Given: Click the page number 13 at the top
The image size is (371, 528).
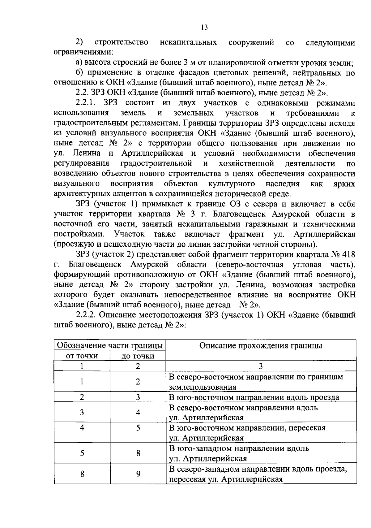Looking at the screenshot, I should click(204, 28).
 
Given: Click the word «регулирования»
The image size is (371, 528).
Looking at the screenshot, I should click(81, 163).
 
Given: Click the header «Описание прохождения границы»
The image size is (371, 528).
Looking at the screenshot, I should click(261, 345).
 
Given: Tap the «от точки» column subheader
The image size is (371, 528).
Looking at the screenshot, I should click(82, 356).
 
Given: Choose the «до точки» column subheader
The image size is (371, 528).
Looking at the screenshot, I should click(138, 356).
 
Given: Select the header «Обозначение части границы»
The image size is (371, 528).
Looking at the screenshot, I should click(110, 345).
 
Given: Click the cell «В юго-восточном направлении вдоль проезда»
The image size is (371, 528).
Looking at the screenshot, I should click(254, 397).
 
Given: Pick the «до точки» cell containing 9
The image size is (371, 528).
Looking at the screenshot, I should click(138, 473).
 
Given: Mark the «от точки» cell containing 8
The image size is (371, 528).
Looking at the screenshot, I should click(82, 473).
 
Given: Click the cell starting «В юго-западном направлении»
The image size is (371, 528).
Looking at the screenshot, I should click(239, 453).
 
